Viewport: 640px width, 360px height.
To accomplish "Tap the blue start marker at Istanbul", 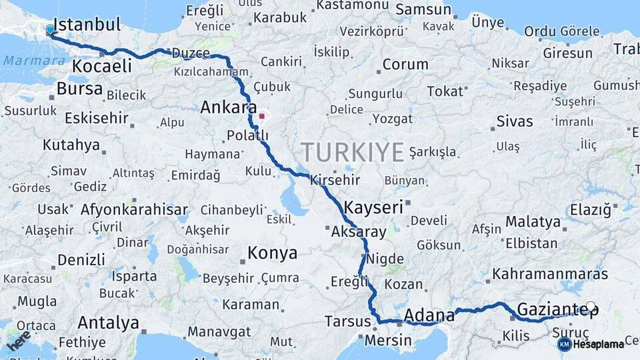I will pyautogui.click(x=50, y=29).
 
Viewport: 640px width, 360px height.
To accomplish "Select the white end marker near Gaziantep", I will pyautogui.click(x=590, y=307).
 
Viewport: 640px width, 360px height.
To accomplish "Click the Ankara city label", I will pyautogui.click(x=229, y=107).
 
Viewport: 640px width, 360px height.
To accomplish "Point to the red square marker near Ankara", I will pyautogui.click(x=262, y=116).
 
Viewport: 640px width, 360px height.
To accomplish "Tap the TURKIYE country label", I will pyautogui.click(x=352, y=153).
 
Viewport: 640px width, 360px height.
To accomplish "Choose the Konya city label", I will pyautogui.click(x=272, y=253).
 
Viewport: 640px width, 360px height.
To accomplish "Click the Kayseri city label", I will pyautogui.click(x=374, y=207).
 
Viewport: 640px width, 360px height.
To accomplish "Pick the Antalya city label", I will pyautogui.click(x=108, y=323).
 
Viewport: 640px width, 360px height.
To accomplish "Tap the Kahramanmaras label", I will pyautogui.click(x=551, y=274).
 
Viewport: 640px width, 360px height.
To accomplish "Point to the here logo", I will pyautogui.click(x=18, y=341).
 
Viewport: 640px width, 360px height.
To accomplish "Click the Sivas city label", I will pyautogui.click(x=515, y=121).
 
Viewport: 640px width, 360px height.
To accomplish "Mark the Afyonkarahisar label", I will pyautogui.click(x=134, y=209).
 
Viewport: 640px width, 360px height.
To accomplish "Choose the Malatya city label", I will pyautogui.click(x=533, y=221).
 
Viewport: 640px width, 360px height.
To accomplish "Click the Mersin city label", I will pyautogui.click(x=387, y=340).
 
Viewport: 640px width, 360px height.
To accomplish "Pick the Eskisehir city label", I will pyautogui.click(x=97, y=118).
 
